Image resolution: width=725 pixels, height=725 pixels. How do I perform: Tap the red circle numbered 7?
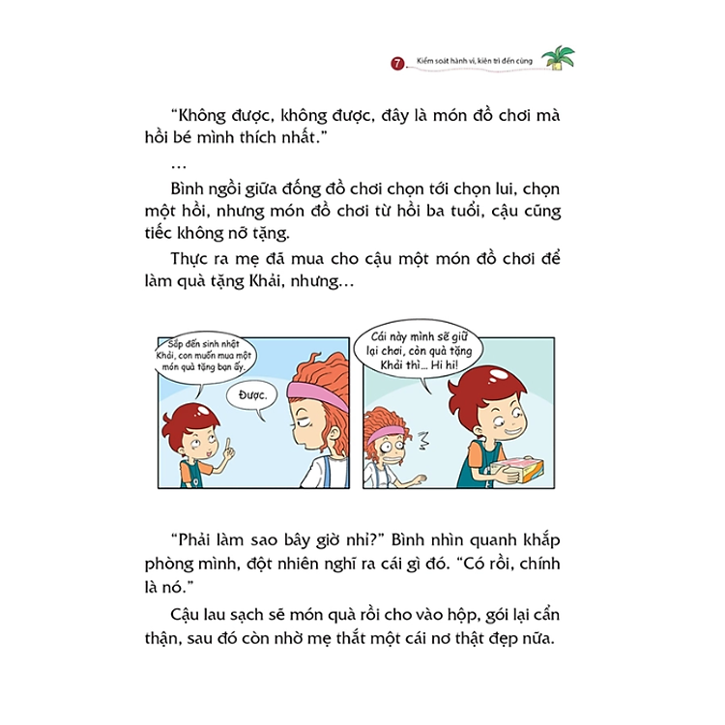pos(397,63)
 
